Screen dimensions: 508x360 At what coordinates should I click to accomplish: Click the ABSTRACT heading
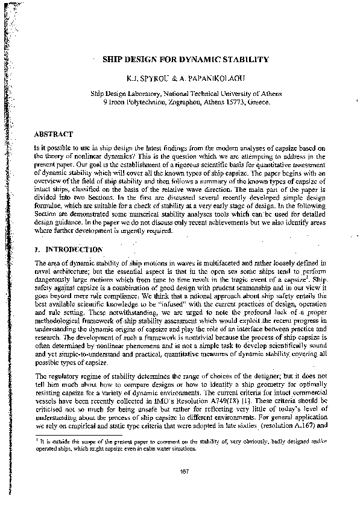[x=54, y=134]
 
